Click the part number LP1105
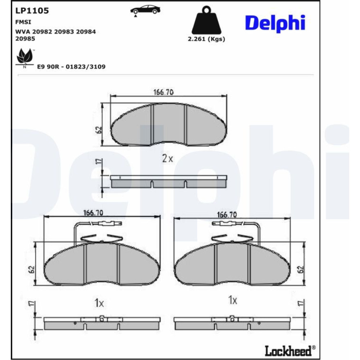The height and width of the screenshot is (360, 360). (32, 10)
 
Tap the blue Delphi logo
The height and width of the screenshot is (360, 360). (275, 23)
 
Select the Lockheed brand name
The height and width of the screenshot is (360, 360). (290, 351)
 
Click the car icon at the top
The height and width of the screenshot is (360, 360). (145, 10)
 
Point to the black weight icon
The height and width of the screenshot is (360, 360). (206, 20)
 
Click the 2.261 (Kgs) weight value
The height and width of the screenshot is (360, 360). (206, 39)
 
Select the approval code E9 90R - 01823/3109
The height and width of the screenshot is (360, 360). (71, 67)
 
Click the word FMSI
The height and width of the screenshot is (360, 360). (23, 22)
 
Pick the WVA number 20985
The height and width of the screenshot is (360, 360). (25, 39)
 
